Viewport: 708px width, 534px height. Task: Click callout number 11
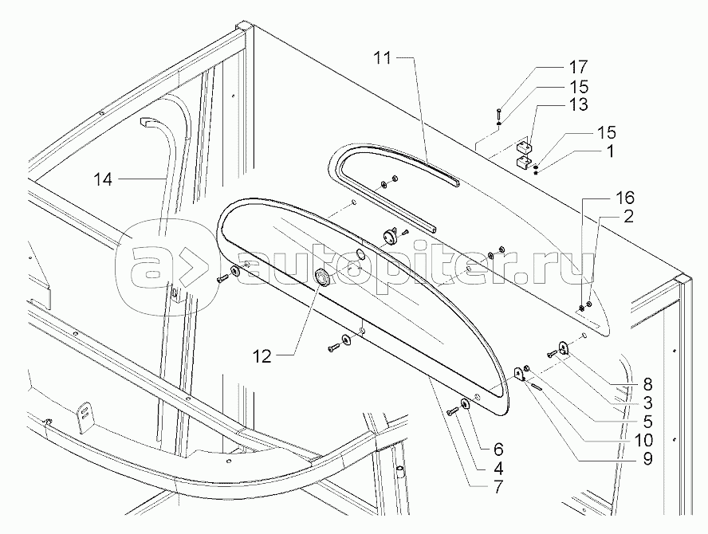384,57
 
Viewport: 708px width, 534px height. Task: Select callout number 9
646,458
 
